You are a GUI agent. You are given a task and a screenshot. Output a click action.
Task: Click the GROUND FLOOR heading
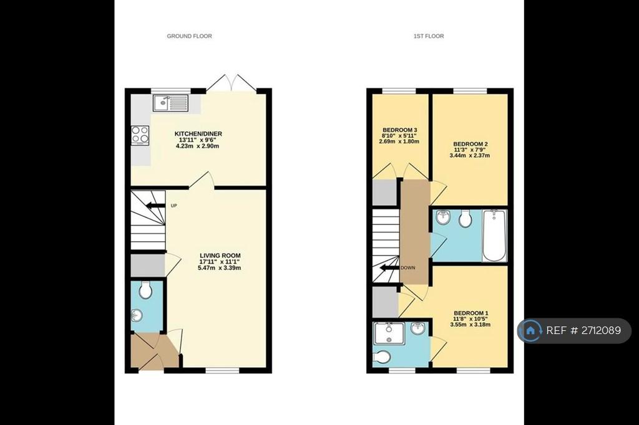click(190, 36)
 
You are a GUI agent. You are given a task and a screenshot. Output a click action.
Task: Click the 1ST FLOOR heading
click(429, 36)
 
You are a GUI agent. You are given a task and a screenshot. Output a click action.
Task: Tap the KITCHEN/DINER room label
click(198, 133)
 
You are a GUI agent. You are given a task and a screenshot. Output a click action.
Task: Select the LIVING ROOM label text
click(220, 255)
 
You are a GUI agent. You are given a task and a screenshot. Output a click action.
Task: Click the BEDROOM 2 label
click(471, 144)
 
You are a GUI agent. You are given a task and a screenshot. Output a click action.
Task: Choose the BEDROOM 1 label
click(471, 313)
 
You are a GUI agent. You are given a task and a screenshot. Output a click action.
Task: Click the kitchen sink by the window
click(171, 103)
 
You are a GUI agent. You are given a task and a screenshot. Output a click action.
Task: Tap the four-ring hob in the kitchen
click(140, 135)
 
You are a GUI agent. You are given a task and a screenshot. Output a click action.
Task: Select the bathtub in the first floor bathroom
click(494, 236)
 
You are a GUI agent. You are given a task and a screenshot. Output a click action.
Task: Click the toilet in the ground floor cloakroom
click(145, 289)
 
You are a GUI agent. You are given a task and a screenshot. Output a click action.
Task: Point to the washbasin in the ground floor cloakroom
click(137, 315)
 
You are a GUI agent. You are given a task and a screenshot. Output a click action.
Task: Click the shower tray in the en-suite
click(389, 333)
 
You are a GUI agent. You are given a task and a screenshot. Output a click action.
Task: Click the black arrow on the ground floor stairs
click(155, 205)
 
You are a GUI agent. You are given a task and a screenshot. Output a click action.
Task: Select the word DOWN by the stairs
click(408, 268)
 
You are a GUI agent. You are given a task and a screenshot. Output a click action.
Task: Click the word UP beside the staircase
click(173, 206)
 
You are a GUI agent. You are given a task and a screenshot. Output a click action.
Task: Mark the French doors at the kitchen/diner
click(232, 83)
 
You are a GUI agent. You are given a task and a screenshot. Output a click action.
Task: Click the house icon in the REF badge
click(530, 330)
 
